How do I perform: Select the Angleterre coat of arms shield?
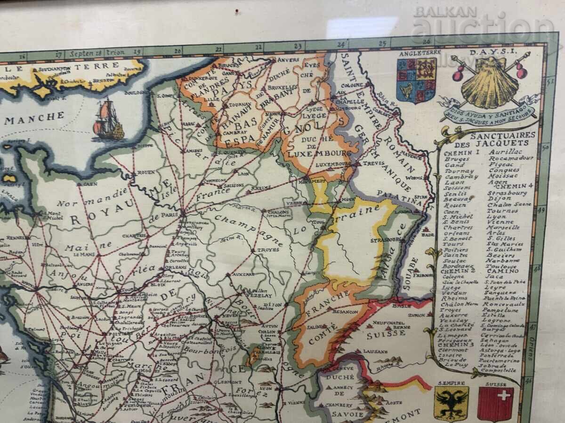point(416,80)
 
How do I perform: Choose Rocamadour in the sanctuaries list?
point(511,158)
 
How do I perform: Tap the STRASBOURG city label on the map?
point(385,240)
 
